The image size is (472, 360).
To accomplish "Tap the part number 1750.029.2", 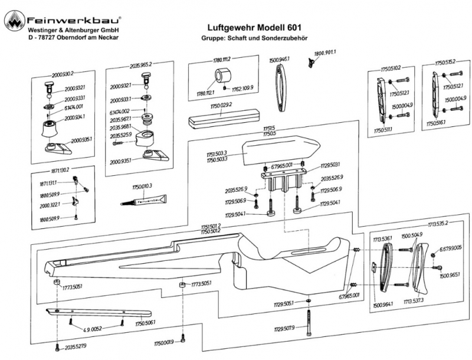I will [218, 105].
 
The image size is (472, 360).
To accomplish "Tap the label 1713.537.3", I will [415, 301].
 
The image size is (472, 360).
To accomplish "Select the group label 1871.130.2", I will [58, 169].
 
